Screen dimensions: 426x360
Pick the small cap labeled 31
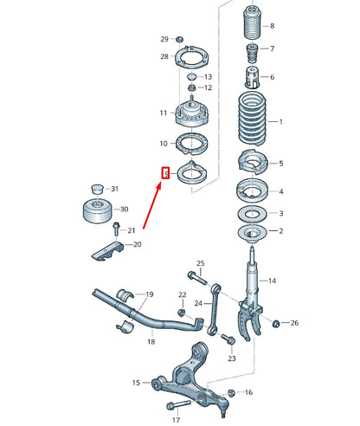click(x=98, y=189)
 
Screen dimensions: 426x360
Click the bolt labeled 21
click(x=115, y=229)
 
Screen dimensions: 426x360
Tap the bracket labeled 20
click(x=109, y=251)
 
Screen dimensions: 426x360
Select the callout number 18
click(x=151, y=342)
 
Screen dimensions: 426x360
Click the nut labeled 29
click(x=179, y=41)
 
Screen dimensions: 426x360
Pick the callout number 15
click(x=135, y=382)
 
